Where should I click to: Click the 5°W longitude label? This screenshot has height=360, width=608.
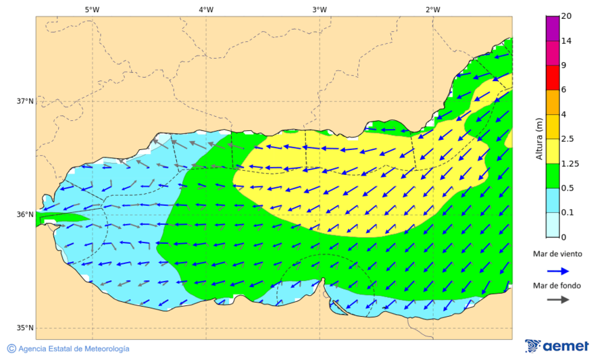[x=92, y=9]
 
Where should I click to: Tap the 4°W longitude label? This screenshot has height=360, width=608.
[x=206, y=9]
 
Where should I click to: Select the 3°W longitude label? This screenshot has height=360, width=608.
[x=320, y=9]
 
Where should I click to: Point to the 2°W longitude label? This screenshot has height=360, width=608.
[x=433, y=9]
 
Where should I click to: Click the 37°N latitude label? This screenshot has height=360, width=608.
[x=24, y=101]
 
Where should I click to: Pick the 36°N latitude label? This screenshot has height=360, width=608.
[x=24, y=215]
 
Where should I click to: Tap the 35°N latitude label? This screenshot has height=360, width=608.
[x=24, y=328]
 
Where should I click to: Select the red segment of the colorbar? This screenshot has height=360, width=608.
[x=553, y=77]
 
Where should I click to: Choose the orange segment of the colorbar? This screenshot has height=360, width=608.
[x=553, y=102]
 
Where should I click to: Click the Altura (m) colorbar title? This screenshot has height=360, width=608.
[x=539, y=139]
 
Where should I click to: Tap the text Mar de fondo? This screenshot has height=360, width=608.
[x=557, y=286]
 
